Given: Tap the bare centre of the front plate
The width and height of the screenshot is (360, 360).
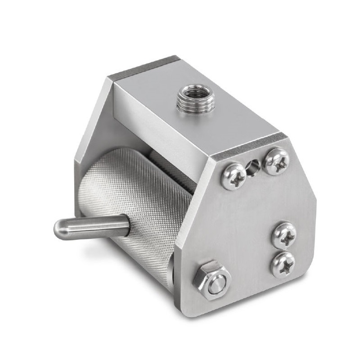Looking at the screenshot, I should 243,225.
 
